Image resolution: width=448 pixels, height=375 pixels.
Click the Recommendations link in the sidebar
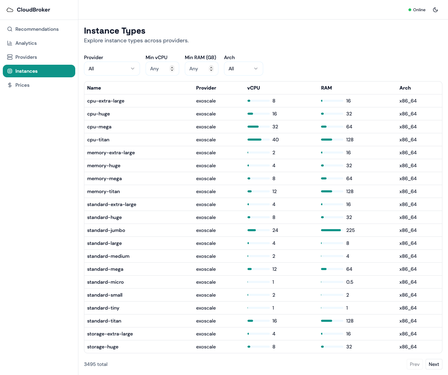coord(37,29)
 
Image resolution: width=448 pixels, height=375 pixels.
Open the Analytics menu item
coord(26,43)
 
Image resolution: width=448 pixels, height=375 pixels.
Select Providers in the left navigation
coord(26,57)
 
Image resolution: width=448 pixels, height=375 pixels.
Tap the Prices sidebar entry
coord(22,85)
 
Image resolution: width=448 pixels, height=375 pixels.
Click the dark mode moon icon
coord(435,10)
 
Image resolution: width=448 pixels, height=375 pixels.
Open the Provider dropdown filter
coord(112,69)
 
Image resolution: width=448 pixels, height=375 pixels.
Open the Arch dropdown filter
coord(243,69)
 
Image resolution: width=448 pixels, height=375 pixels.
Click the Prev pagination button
coord(414,364)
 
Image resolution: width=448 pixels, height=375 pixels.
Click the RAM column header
coord(326,88)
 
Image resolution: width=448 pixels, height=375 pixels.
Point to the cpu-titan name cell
coord(98,140)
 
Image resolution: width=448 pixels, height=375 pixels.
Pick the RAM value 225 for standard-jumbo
coord(350,230)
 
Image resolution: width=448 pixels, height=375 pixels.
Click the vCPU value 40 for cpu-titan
coord(275,140)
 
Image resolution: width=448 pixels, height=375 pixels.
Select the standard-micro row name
coord(105,282)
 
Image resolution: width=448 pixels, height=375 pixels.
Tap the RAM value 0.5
coord(350,282)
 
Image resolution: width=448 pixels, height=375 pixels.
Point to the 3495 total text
coord(96,364)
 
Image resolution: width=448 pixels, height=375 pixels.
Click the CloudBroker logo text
coord(33,10)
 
